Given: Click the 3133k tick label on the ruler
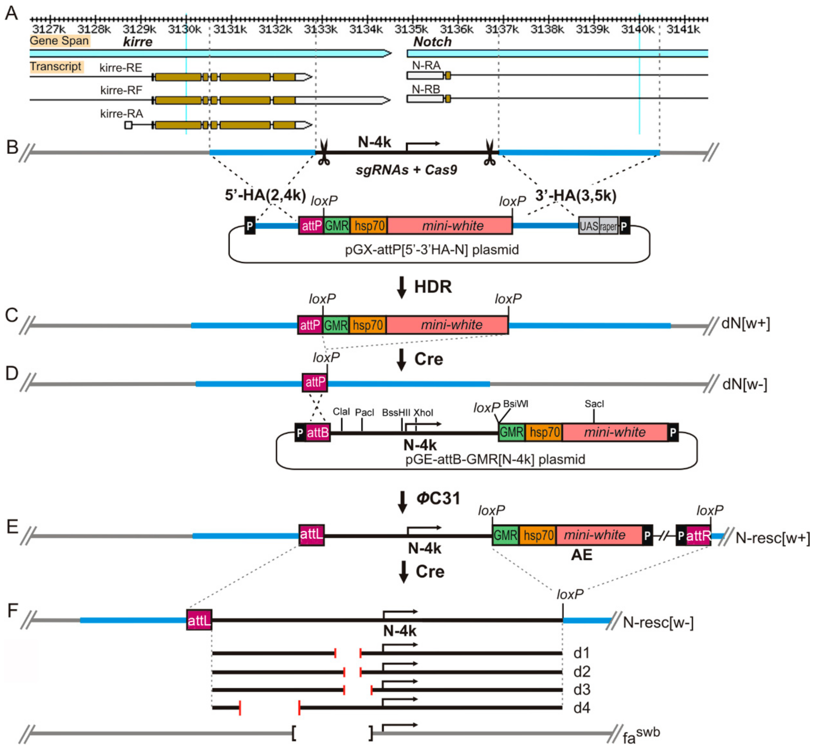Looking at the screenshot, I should pyautogui.click(x=321, y=29).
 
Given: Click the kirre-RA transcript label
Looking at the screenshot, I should pyautogui.click(x=122, y=114).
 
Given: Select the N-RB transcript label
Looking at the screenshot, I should pyautogui.click(x=426, y=89).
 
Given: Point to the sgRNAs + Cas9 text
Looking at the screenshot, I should pyautogui.click(x=406, y=170).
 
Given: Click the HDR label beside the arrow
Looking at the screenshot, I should pyautogui.click(x=433, y=287).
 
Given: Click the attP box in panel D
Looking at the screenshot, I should pyautogui.click(x=315, y=382).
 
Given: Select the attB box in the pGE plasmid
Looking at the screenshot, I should pyautogui.click(x=318, y=433).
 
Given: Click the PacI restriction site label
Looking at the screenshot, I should pyautogui.click(x=365, y=413).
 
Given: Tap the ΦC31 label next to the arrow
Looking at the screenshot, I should pyautogui.click(x=438, y=499).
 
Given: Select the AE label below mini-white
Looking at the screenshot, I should pyautogui.click(x=582, y=555).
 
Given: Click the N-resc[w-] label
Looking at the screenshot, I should pyautogui.click(x=658, y=622).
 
